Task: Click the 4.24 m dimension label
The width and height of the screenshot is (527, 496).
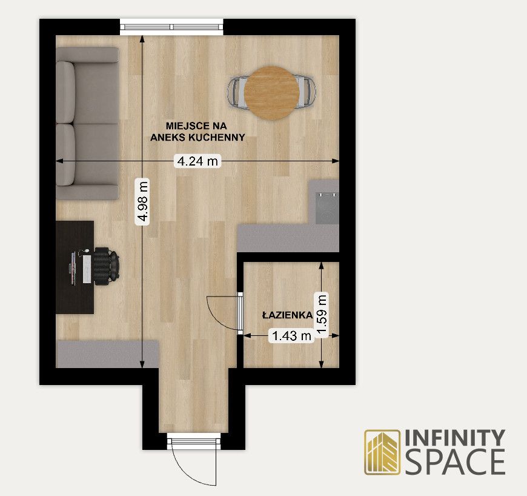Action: (197, 161)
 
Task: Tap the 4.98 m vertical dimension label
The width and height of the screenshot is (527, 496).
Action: (142, 201)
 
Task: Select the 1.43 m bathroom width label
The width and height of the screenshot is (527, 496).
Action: (291, 335)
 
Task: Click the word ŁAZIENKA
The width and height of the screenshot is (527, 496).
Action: (287, 315)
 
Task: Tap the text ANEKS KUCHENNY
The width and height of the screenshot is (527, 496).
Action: (197, 137)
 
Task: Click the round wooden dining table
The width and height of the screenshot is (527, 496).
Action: (271, 93)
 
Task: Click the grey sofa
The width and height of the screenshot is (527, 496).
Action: (87, 124)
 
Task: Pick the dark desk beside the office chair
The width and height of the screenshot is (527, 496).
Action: (75, 267)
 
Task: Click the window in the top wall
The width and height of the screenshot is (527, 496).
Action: (172, 27)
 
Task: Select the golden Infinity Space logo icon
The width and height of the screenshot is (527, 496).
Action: (382, 452)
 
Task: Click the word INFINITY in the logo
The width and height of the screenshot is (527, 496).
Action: (455, 438)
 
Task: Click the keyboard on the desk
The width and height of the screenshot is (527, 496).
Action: (87, 269)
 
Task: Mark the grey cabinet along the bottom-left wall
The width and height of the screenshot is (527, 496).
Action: (107, 354)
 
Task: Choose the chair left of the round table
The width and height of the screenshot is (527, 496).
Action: (237, 93)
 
